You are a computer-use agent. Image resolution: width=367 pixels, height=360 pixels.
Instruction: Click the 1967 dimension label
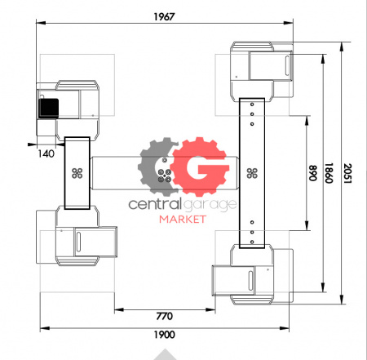click(x=164, y=17)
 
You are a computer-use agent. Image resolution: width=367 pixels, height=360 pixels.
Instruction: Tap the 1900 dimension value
click(x=165, y=335)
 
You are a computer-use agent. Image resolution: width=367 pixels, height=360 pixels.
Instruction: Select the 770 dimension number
click(x=165, y=316)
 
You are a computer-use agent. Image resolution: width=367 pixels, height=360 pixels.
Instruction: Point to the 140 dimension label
click(x=46, y=153)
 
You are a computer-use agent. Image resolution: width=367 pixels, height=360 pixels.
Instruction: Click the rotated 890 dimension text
click(x=313, y=173)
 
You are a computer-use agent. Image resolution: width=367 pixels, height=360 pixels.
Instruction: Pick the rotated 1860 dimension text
click(x=329, y=173)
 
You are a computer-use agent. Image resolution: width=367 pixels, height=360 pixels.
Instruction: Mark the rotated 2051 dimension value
click(x=347, y=173)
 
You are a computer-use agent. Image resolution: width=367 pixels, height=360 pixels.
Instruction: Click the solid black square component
click(x=49, y=109)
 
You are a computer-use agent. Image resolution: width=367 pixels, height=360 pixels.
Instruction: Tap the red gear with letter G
click(x=200, y=167)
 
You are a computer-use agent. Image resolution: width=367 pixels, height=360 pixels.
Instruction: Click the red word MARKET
click(x=183, y=219)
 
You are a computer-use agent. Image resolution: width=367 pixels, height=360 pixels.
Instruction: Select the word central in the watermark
click(x=155, y=204)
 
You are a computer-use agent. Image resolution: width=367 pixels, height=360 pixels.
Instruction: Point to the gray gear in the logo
click(x=157, y=166)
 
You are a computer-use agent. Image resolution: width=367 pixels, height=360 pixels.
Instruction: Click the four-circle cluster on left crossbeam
click(x=77, y=173)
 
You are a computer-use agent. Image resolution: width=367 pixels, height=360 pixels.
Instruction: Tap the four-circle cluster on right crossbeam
click(x=252, y=173)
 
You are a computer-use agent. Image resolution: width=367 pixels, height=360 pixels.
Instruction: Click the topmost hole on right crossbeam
click(x=252, y=104)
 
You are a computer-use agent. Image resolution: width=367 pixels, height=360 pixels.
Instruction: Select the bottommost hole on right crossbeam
click(x=252, y=242)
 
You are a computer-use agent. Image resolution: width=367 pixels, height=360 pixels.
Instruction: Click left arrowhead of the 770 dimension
click(x=119, y=309)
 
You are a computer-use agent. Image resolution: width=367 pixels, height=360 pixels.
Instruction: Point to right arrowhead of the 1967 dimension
click(x=289, y=23)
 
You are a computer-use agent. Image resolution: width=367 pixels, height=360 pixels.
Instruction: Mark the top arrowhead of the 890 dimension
click(x=307, y=121)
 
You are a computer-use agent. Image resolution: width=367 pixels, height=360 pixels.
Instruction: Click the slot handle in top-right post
click(x=287, y=65)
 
